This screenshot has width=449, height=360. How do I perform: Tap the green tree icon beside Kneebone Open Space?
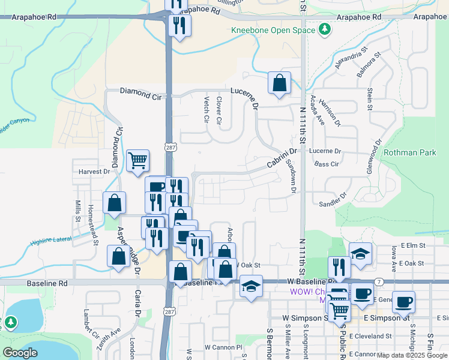pyautogui.click(x=325, y=29)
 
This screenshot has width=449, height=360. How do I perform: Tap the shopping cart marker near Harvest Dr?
pyautogui.click(x=138, y=161)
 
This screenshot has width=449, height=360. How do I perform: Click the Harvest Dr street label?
pyautogui.click(x=94, y=172)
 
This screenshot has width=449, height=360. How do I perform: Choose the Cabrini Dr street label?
pyautogui.click(x=282, y=159)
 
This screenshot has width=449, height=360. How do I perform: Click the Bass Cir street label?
pyautogui.click(x=327, y=163)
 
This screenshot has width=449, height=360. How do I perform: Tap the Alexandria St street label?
pyautogui.click(x=351, y=60)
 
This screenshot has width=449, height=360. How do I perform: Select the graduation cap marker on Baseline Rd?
pyautogui.click(x=251, y=287)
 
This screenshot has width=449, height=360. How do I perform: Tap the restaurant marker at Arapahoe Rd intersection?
pyautogui.click(x=179, y=26)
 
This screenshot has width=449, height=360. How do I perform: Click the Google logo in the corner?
pyautogui.click(x=20, y=353)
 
